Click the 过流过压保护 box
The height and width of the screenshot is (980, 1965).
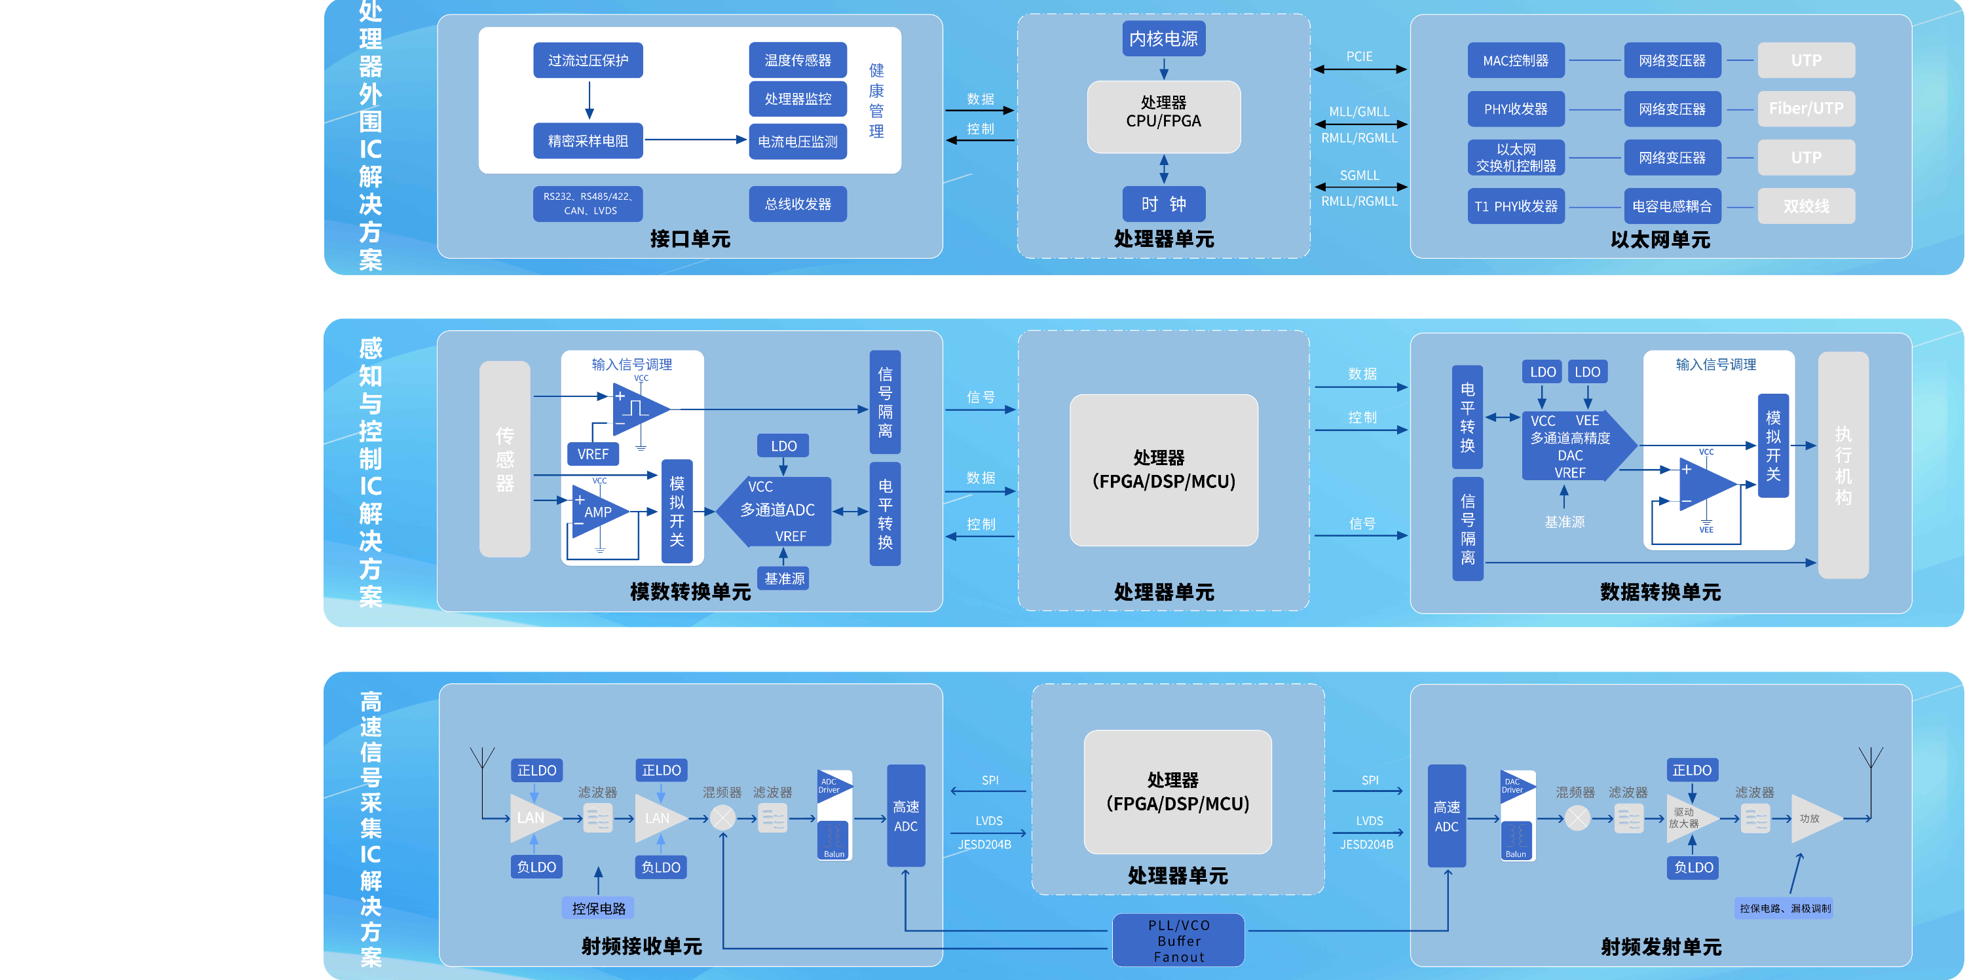[x=588, y=60]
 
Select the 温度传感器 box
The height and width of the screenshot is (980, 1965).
[x=797, y=60]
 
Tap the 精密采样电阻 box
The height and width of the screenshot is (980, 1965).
[x=588, y=141]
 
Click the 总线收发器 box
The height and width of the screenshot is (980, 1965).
[x=797, y=204]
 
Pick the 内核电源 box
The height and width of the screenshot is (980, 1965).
[x=1163, y=39]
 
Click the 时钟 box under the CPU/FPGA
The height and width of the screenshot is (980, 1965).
[x=1163, y=204]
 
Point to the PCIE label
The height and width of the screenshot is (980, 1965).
[x=1358, y=56]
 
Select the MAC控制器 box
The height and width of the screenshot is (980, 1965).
[x=1515, y=60]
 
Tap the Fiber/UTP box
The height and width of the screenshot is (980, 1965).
[x=1806, y=109]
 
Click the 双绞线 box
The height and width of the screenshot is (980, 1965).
[x=1806, y=206]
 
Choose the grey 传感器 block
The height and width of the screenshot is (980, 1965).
[x=504, y=459]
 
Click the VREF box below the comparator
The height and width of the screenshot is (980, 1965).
[x=593, y=455]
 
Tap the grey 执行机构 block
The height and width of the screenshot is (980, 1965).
[x=1843, y=465]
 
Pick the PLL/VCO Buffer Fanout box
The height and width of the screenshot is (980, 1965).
[x=1178, y=940]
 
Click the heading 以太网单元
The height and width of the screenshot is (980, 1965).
[x=1660, y=240]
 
